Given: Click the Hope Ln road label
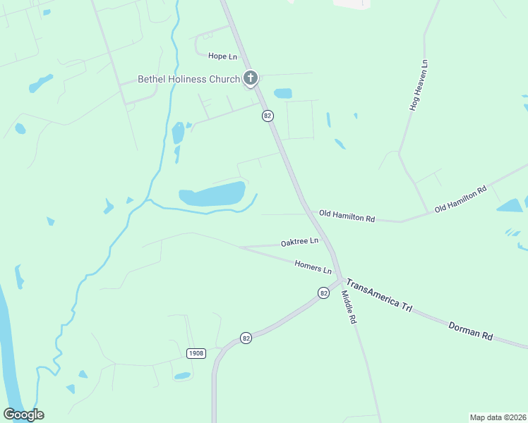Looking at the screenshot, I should (222, 56).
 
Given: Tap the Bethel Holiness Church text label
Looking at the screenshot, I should (189, 79).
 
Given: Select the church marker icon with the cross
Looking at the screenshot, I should (250, 78).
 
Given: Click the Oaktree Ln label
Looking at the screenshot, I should (299, 242).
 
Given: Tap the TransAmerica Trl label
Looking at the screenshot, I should (380, 296).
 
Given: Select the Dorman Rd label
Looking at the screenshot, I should (470, 330).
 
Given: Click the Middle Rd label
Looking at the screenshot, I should (349, 307).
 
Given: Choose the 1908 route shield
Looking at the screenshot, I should (196, 352).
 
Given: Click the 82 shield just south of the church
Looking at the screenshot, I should (268, 116).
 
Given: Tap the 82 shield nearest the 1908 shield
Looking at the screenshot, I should (246, 338).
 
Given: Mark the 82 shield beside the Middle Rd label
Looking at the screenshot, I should (323, 293).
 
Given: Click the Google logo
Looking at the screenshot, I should (23, 415).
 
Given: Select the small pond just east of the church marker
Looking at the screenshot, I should (283, 93).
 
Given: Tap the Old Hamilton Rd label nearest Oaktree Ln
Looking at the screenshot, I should (347, 216).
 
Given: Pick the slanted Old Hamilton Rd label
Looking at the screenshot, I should (461, 199).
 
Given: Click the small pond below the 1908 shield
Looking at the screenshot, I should (182, 376).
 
